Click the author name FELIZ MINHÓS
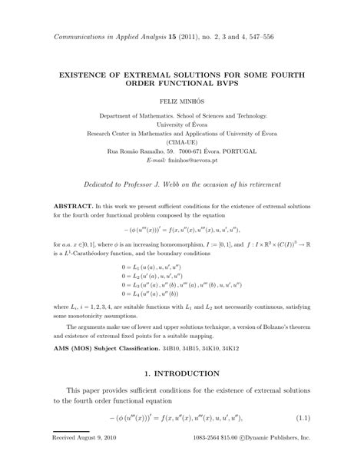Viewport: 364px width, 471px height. click(x=182, y=101)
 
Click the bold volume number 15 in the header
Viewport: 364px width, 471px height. click(x=182, y=37)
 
